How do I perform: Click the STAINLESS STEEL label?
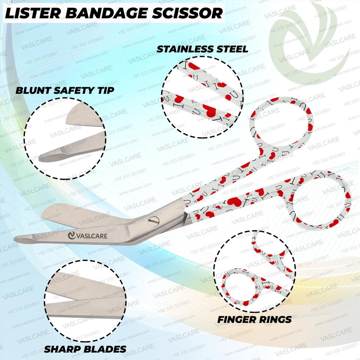pyautogui.click(x=202, y=49)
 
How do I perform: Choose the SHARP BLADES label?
pyautogui.click(x=85, y=349)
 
